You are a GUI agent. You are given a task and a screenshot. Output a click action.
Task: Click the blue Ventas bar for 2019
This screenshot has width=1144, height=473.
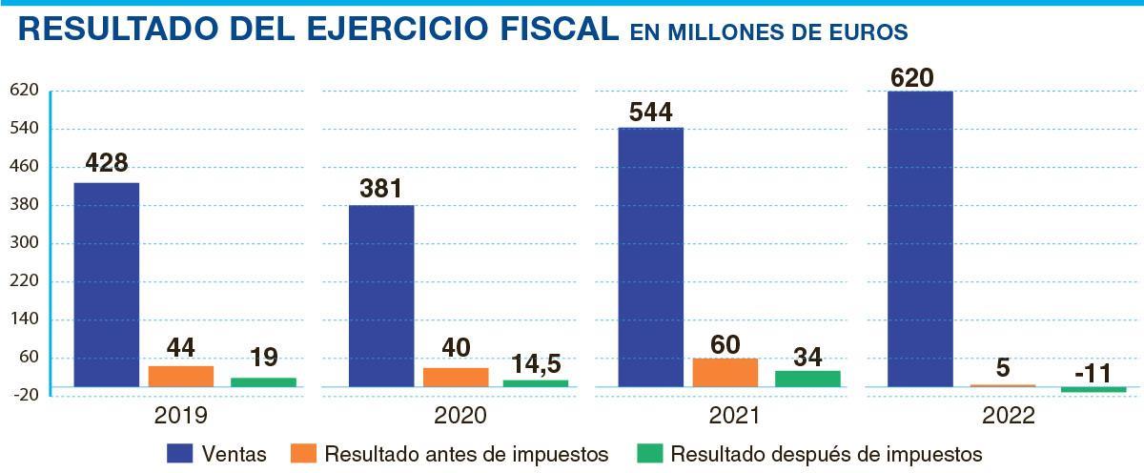point(107,283)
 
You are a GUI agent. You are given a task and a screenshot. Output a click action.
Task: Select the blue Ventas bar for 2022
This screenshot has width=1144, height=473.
point(920,238)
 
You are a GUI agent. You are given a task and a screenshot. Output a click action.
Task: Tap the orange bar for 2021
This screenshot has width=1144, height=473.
point(725,372)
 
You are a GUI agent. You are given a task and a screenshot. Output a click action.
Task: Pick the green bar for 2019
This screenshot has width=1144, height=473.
point(263,381)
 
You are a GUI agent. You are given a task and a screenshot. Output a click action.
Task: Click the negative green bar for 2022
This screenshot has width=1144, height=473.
point(1093,389)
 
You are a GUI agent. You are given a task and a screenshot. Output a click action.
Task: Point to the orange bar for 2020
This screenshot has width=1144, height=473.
point(456,377)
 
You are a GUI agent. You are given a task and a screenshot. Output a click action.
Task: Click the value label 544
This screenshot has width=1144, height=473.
point(651,113)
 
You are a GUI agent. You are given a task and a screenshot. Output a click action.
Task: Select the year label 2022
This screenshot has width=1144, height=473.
point(1009,417)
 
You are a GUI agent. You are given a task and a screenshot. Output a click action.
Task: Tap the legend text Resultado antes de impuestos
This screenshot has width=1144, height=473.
point(466,454)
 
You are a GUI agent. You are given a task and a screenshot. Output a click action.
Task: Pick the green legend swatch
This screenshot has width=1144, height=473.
point(648,454)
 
